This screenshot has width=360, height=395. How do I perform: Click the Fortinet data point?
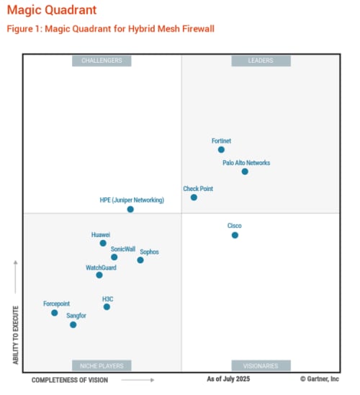point(221,150)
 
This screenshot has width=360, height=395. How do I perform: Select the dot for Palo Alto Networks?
point(245,172)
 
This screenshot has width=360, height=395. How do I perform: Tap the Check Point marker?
point(194,197)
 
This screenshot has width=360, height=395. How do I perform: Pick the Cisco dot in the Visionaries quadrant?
point(235,235)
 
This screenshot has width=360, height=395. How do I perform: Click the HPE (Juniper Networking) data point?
point(130,209)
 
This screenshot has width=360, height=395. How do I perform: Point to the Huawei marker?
point(103,244)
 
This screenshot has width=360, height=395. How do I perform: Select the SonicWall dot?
point(114,257)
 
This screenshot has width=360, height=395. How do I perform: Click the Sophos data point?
point(140,260)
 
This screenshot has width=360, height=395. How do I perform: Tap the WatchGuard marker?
point(99,275)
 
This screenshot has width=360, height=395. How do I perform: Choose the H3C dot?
point(107,307)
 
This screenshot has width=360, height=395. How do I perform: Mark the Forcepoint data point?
point(55,313)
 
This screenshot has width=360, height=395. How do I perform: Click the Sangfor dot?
point(73,325)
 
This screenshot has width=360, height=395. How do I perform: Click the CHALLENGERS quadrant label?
point(102,61)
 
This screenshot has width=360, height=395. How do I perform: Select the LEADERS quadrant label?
point(261,61)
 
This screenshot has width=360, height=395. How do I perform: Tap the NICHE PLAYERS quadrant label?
point(102,365)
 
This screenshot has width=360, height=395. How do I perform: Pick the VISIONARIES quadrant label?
point(261,365)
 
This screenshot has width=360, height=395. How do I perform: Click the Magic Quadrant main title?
point(51,10)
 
